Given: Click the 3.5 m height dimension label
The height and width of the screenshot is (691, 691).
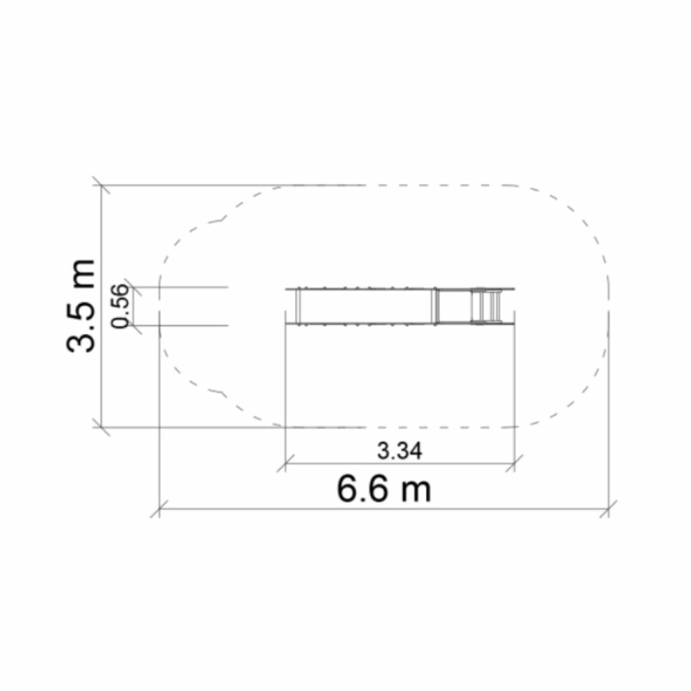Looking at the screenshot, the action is pos(80,306).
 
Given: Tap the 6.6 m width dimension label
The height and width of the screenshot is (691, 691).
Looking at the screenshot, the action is pos(384,489).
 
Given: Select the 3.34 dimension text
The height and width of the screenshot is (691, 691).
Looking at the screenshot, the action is pos(400,451).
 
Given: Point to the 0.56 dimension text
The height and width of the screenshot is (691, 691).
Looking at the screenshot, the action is pos(120,306).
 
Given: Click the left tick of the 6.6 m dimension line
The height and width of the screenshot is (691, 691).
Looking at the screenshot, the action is pos(159,508).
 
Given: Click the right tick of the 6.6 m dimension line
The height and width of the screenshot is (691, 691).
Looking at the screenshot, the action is pos(609,508).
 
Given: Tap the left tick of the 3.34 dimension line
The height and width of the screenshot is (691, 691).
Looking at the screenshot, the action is pos(285,463).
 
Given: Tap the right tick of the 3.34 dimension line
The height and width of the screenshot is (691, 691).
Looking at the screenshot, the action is pos(514,463).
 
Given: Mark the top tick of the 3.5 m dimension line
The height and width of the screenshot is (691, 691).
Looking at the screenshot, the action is pos(101,185).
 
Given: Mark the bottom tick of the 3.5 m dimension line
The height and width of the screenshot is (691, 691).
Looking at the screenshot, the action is pos(101,427).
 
